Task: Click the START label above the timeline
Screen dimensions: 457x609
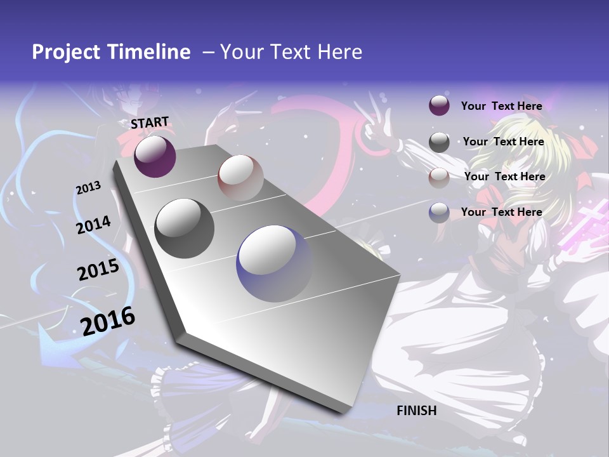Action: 150,123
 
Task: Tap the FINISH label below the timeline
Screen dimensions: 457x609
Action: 417,411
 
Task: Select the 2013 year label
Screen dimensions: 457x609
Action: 89,187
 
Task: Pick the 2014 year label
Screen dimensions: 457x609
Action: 93,225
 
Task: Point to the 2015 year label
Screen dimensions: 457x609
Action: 98,270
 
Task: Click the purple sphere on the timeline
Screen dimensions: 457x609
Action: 155,156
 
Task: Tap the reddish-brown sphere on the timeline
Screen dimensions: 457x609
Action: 240,178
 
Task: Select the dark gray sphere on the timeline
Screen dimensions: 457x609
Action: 185,228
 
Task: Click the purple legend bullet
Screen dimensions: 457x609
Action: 439,105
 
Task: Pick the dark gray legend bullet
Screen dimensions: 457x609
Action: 439,142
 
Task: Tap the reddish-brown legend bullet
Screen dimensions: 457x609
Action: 439,178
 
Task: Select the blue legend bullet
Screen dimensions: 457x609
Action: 439,213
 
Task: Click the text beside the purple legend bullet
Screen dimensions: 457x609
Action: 501,106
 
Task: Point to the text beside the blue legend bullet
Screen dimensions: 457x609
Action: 501,212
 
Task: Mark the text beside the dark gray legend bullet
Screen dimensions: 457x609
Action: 503,142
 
